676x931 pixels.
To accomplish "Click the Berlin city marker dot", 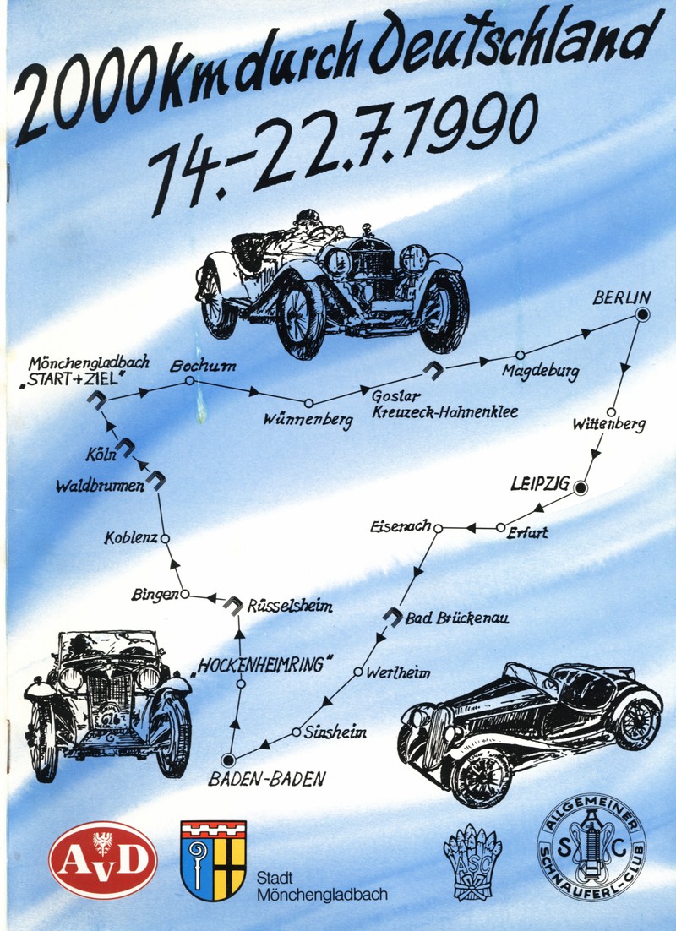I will pos(641,316).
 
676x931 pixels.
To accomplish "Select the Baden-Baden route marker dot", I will pos(227,759).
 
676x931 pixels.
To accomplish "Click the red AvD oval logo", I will pos(103,858).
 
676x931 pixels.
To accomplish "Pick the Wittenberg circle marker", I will pos(611,412).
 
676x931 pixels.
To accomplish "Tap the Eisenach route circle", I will pos(438,528).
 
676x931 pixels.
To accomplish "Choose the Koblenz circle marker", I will pos(166,537).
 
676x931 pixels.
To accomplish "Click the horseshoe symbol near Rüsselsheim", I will pos(232,604).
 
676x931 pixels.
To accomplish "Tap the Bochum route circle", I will pos(190,381).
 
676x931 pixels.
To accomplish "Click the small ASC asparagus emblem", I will pos(472,860).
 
